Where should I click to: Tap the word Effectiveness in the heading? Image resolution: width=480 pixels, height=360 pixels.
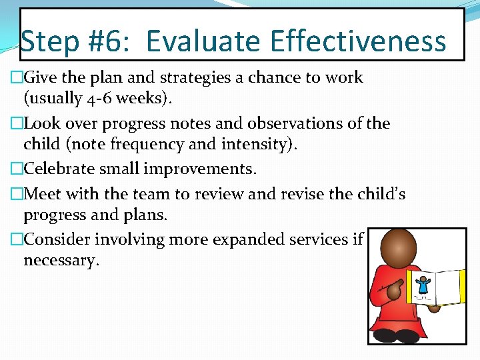coord(359,41)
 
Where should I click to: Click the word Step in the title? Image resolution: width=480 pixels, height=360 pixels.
coord(51,41)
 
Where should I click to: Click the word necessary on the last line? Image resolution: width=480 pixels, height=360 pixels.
coord(61,260)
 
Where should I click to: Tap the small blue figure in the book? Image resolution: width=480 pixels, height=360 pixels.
coord(422,285)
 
